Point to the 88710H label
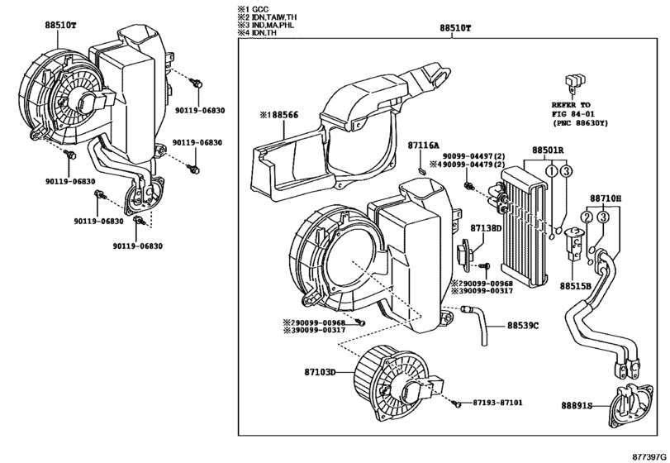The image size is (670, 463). coord(605,199)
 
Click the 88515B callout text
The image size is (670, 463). coord(575,285)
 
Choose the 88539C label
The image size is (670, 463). coord(522,326)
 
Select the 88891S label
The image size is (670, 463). coord(576,406)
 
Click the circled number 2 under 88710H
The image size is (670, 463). coord(585,217)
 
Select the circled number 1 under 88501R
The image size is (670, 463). coord(549,171)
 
